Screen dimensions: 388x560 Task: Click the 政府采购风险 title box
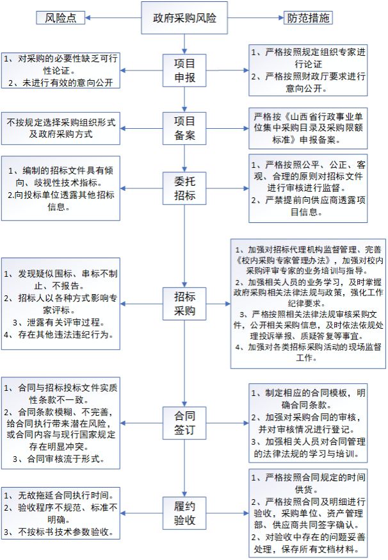click(x=184, y=18)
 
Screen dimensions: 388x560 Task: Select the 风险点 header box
click(x=60, y=18)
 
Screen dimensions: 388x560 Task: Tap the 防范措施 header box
click(x=308, y=18)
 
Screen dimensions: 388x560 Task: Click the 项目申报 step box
click(x=184, y=70)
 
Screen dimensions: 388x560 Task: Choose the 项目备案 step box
click(x=184, y=128)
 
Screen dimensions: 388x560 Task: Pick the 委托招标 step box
click(x=184, y=188)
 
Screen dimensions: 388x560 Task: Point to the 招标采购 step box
click(x=184, y=304)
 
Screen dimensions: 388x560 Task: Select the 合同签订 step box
click(x=184, y=423)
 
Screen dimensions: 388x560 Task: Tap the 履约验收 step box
click(x=184, y=513)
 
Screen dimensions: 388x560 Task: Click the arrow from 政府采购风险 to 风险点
click(x=113, y=18)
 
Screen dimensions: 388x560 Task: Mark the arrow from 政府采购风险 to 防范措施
click(x=255, y=18)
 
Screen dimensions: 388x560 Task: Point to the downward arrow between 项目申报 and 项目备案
click(x=184, y=99)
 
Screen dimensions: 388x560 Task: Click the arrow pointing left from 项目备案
click(x=141, y=129)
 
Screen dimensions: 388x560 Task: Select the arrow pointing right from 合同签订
click(x=227, y=424)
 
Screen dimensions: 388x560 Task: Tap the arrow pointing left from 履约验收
click(x=141, y=513)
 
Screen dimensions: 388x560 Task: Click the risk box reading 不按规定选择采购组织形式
click(x=61, y=128)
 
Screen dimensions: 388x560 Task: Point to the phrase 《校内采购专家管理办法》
click(x=284, y=260)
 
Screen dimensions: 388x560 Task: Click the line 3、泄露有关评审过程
click(x=60, y=322)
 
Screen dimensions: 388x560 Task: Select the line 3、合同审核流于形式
click(x=60, y=459)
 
